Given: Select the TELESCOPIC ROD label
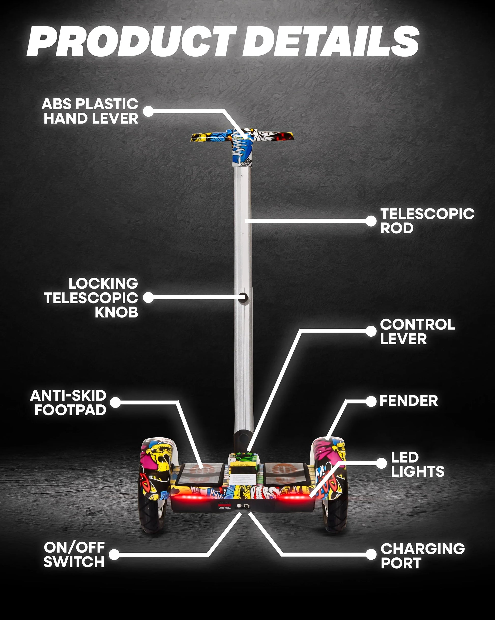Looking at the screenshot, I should (x=427, y=221).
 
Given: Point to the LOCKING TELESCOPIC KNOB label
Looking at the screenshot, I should (x=91, y=298).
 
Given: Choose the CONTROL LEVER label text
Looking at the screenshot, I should (x=417, y=331).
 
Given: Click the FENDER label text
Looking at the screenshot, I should (x=409, y=401).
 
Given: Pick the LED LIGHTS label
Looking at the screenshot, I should (x=417, y=464).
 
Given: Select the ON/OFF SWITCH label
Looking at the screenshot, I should (x=74, y=555).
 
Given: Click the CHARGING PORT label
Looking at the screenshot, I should (x=422, y=556).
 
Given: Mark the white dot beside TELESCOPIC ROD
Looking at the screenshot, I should (x=371, y=221).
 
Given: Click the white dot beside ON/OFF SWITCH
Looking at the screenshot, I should (x=114, y=555).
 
